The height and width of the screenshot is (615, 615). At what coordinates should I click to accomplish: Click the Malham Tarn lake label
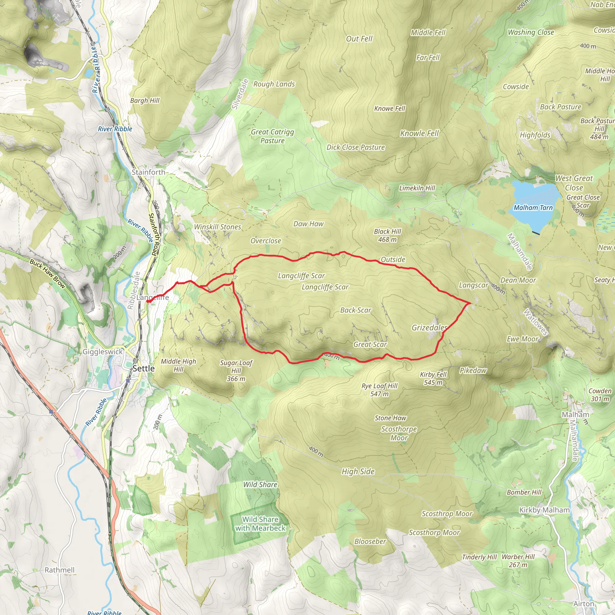tap(533, 208)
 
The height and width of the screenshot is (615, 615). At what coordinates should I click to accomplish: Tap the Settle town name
tap(144, 369)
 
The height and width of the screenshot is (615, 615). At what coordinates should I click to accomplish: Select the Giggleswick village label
tap(102, 352)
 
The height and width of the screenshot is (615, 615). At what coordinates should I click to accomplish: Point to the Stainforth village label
tap(148, 172)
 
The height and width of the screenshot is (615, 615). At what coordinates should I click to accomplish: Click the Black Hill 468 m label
tap(387, 235)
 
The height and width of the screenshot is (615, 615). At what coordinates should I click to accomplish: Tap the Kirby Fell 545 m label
tap(433, 378)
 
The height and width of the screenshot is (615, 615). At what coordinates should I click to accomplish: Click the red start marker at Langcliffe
tap(148, 301)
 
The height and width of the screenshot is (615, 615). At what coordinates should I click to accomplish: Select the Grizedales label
tap(429, 328)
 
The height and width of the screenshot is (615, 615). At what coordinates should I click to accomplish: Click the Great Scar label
tap(370, 344)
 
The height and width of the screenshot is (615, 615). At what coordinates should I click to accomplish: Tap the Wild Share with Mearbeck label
tap(260, 524)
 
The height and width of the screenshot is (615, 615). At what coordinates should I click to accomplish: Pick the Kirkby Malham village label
tap(544, 510)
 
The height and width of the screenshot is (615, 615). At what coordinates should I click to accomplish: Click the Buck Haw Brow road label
tap(47, 274)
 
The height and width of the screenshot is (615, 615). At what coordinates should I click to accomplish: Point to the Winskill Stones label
tap(218, 227)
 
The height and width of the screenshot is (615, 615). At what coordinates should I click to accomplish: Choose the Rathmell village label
tap(59, 570)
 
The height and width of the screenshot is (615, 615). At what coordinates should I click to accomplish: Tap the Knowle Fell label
tap(419, 133)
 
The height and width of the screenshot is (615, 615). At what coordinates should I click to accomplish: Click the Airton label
tap(584, 604)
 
